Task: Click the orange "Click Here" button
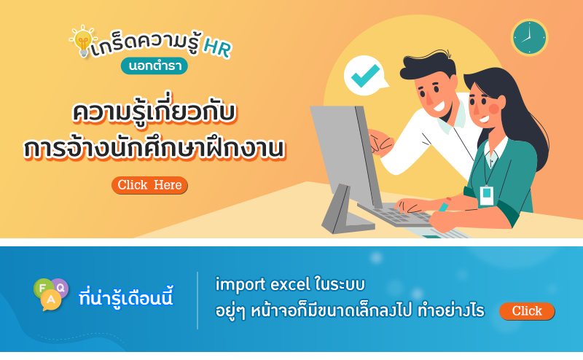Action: [x=149, y=185]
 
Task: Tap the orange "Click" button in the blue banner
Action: [x=527, y=311]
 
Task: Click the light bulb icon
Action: [x=83, y=42]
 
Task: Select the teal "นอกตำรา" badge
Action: [x=154, y=66]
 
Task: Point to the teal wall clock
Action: [x=529, y=38]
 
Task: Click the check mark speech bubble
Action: [x=365, y=76]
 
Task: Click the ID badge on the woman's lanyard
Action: [x=486, y=195]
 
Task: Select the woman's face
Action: [x=482, y=106]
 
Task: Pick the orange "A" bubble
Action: [x=51, y=300]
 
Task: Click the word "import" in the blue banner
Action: [x=240, y=285]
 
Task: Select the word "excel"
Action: [x=290, y=284]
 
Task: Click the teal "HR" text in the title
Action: [x=218, y=48]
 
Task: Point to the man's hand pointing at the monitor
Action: [x=380, y=141]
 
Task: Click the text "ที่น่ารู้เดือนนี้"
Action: [x=126, y=297]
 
